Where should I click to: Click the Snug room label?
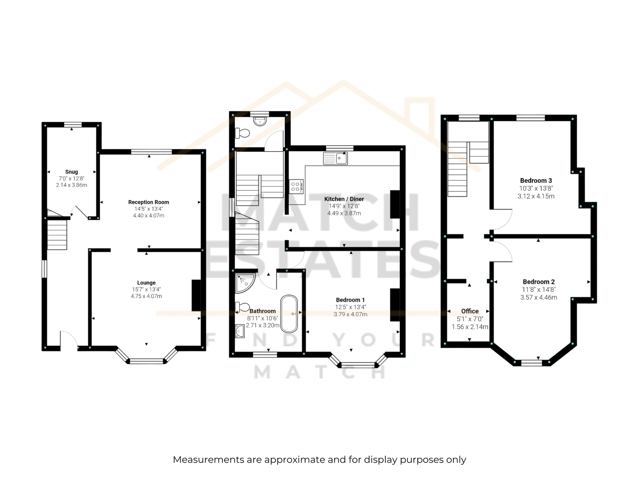tap(71, 172)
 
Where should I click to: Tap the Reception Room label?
tap(149, 202)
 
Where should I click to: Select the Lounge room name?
tap(146, 283)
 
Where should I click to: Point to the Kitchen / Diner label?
tap(344, 199)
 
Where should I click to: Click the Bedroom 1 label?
tap(350, 300)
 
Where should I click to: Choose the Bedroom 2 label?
tap(539, 282)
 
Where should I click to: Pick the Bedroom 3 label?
tap(536, 180)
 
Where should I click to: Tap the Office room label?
tap(470, 311)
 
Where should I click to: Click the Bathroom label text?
tap(262, 311)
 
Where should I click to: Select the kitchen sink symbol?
tap(335, 158)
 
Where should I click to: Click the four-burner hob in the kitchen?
tap(296, 186)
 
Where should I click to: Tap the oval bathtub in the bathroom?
tap(289, 314)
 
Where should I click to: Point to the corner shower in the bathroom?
tap(244, 282)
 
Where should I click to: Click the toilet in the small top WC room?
tap(242, 133)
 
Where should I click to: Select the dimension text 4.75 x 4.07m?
tap(146, 296)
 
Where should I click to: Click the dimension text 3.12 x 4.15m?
tap(536, 196)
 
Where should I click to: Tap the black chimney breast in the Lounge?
tap(196, 295)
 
